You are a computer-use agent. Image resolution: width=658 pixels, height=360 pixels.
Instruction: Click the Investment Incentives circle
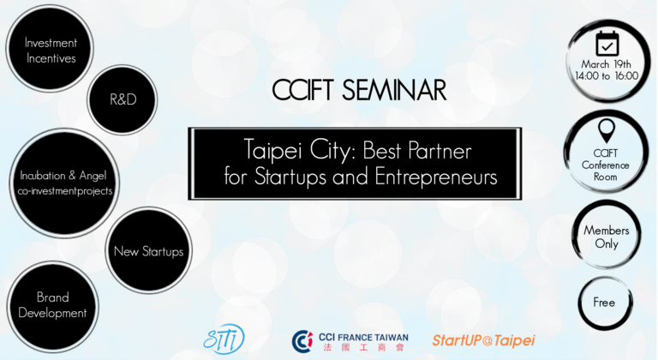[50, 48]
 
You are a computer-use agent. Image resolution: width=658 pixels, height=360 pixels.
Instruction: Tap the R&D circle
[123, 99]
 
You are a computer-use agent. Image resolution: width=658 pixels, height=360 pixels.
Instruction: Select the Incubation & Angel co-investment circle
[64, 183]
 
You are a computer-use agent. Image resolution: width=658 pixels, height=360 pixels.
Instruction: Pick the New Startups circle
[148, 251]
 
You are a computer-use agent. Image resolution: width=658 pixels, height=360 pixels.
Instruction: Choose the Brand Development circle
[52, 306]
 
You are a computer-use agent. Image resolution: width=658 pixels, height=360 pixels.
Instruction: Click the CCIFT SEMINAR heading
[359, 90]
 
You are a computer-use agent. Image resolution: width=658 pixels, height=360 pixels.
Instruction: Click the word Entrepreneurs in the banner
[436, 177]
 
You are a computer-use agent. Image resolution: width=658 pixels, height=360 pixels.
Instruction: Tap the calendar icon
[607, 43]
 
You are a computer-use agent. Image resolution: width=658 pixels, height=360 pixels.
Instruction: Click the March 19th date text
[606, 64]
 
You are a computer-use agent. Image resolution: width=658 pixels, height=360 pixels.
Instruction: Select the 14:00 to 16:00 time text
[607, 76]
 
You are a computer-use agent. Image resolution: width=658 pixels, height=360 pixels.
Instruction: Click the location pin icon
[607, 130]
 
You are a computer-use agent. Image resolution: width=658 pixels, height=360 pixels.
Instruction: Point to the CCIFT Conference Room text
[605, 165]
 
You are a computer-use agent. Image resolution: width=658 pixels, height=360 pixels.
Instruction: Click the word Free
[604, 303]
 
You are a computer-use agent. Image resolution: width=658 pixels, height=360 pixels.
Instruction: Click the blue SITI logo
[224, 339]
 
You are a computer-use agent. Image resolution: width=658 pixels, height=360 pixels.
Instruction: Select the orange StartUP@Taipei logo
[483, 340]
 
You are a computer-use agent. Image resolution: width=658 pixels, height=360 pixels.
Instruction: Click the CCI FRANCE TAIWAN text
[363, 338]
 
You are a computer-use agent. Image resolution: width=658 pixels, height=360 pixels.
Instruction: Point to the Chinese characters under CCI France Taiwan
[363, 347]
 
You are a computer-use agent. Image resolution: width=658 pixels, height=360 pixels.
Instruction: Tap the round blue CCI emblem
[302, 341]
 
